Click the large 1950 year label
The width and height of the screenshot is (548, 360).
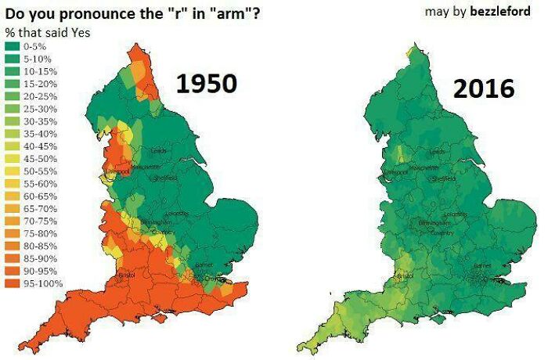pyautogui.click(x=205, y=83)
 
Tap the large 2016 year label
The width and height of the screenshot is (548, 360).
pyautogui.click(x=482, y=88)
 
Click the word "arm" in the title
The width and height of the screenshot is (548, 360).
pyautogui.click(x=233, y=13)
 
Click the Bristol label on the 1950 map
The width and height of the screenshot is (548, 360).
pyautogui.click(x=126, y=275)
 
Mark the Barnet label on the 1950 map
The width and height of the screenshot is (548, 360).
pyautogui.click(x=204, y=265)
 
